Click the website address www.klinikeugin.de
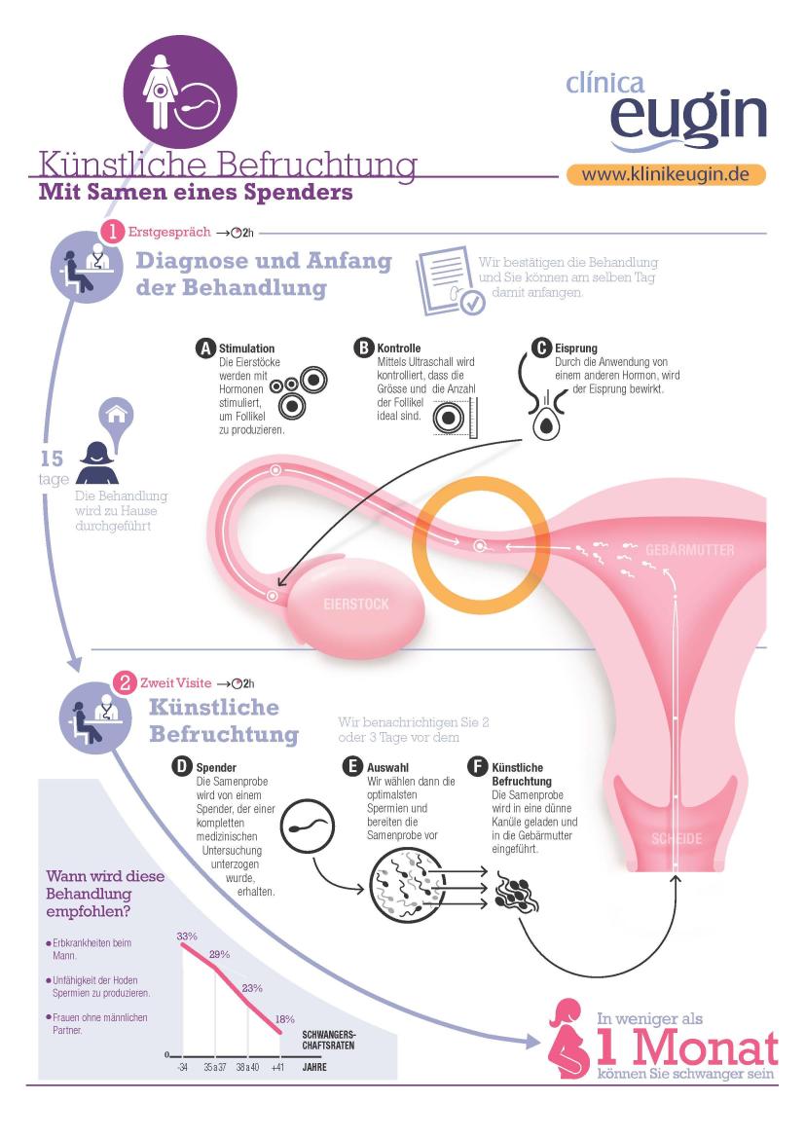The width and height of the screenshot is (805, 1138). [666, 175]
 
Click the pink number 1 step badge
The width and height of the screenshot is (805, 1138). [113, 233]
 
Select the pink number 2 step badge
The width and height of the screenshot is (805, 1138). [125, 683]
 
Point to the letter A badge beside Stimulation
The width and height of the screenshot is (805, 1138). [206, 349]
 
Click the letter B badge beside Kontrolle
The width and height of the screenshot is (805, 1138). [364, 348]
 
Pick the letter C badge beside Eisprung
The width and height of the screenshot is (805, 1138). [541, 348]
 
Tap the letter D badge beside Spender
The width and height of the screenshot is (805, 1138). [182, 767]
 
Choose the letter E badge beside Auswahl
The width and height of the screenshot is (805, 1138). [352, 767]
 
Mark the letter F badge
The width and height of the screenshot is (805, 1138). [478, 767]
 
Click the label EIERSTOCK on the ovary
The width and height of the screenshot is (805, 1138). [356, 604]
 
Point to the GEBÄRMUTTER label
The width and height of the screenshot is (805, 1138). [689, 550]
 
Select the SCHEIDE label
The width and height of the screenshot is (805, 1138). [677, 839]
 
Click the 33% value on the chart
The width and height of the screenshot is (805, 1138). [187, 936]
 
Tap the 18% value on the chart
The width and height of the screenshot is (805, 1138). [284, 1019]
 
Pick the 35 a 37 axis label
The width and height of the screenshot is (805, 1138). [215, 1068]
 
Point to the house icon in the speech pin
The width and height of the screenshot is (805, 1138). [117, 415]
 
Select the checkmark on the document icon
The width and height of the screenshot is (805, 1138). [473, 303]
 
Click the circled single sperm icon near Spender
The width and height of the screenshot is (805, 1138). [308, 826]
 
